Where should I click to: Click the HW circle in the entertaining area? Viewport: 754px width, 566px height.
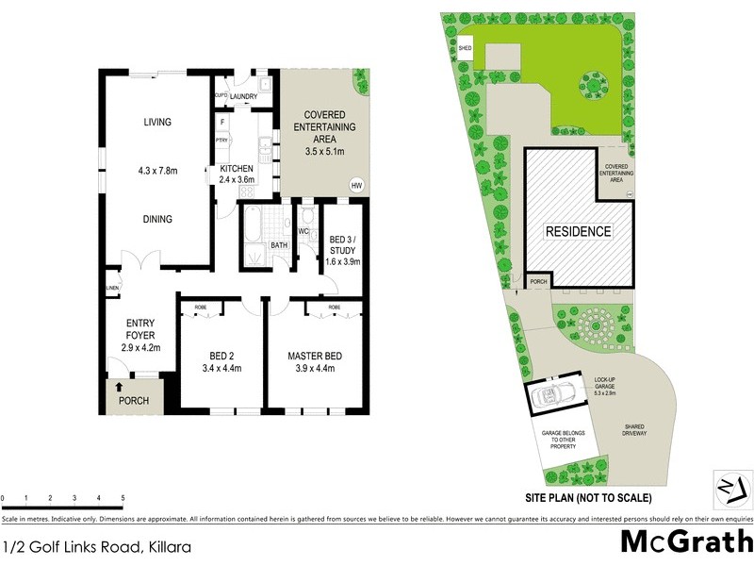point(356,185)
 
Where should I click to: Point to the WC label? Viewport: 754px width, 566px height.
point(304,231)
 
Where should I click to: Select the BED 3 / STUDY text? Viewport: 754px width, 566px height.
point(343,250)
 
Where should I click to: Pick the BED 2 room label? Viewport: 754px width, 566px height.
point(222,356)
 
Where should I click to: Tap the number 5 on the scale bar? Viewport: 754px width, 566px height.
point(123,498)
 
